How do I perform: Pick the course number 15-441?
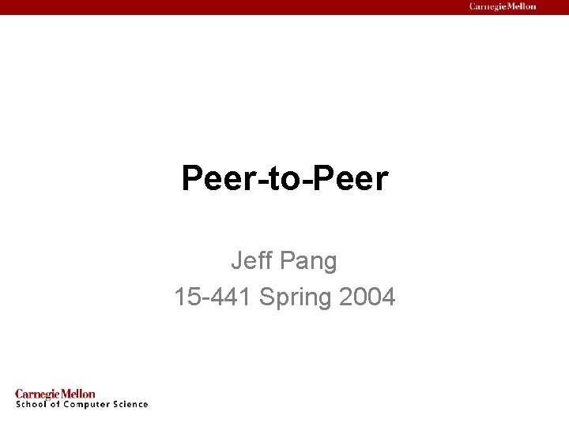point(213,297)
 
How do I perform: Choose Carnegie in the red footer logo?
point(38,394)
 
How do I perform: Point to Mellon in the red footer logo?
point(78,394)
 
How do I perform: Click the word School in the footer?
point(31,405)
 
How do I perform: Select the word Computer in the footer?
point(88,405)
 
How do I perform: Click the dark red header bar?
point(237,7)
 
